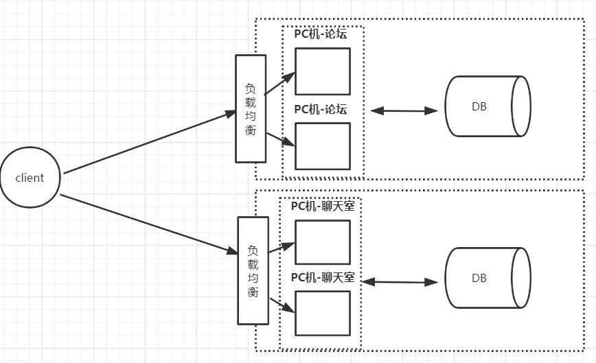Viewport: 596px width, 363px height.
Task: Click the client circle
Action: (30, 178)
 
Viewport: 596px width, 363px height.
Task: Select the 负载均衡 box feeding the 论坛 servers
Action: (251, 108)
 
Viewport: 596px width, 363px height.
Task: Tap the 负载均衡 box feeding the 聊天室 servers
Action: (253, 270)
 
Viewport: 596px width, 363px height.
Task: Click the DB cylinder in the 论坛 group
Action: (488, 106)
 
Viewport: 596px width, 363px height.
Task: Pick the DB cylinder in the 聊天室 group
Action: (488, 278)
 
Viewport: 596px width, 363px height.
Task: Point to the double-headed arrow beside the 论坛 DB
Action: (404, 110)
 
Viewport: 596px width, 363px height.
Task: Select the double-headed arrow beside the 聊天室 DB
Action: (399, 281)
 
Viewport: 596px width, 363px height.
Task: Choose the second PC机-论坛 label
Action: (321, 109)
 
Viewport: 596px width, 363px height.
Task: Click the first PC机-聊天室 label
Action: (323, 206)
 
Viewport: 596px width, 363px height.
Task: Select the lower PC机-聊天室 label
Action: (323, 277)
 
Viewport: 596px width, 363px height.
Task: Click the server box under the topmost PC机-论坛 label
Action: (322, 71)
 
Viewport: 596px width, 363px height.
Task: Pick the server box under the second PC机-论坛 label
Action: (322, 145)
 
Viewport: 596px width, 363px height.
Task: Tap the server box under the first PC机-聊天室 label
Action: (322, 242)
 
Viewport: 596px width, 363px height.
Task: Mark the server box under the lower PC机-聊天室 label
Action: (322, 313)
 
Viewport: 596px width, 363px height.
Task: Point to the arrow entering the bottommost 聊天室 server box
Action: (282, 306)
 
